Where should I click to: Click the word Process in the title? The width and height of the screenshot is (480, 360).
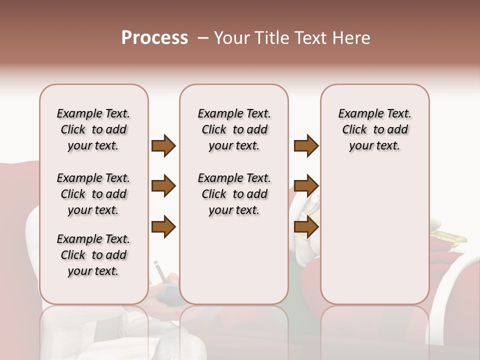154,38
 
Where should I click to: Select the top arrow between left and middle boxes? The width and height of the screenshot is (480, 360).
163,146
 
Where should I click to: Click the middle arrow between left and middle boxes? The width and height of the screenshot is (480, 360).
163,186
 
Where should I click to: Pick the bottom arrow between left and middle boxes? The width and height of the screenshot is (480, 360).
163,226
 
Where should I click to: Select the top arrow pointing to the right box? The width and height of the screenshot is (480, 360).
306,146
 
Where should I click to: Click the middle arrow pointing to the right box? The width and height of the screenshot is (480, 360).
306,186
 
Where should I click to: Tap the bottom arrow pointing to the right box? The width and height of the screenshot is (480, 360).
306,226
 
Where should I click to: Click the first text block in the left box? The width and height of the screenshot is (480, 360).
93,129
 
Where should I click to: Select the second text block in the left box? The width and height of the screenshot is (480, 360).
93,194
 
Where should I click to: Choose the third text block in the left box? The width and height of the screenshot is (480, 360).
93,255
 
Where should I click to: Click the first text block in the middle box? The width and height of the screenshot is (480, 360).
234,129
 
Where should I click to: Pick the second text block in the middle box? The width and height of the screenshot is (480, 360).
234,194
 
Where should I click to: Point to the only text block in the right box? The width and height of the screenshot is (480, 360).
374,129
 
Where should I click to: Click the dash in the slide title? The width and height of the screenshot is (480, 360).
203,38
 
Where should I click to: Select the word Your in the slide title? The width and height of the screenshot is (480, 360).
229,38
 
